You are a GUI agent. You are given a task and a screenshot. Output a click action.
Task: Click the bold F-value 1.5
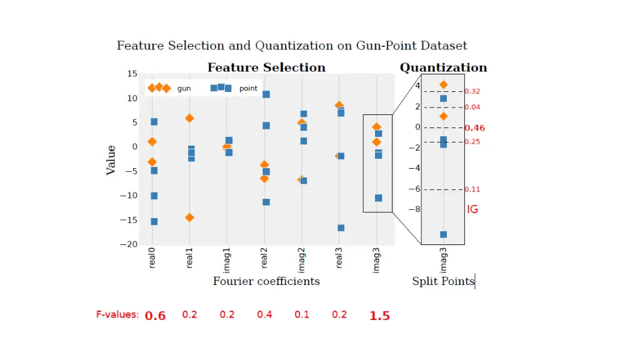click(379, 316)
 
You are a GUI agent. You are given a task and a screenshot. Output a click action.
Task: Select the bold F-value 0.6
click(155, 316)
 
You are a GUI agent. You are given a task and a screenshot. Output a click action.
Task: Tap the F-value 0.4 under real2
click(264, 314)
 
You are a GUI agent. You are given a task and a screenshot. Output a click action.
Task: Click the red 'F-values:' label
click(117, 314)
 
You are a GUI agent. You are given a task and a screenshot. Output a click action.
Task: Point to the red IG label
click(472, 209)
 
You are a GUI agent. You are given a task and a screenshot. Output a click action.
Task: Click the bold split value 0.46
click(474, 128)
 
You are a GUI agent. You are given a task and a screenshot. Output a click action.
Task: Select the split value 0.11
click(472, 189)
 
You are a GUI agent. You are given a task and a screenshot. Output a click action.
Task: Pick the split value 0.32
click(472, 91)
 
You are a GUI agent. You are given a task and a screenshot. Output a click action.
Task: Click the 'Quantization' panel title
click(443, 67)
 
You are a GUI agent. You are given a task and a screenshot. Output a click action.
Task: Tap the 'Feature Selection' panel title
click(266, 67)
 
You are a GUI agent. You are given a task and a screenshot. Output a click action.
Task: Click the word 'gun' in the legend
click(184, 89)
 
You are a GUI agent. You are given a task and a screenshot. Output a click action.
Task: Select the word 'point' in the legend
click(248, 89)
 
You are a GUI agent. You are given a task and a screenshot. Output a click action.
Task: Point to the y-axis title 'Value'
click(111, 160)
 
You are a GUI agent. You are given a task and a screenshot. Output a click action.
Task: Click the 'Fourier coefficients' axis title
click(266, 281)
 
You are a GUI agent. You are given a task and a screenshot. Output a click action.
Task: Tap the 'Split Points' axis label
click(443, 281)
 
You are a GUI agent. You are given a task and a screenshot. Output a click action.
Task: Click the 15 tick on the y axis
click(132, 74)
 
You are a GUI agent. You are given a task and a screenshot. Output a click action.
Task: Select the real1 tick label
click(189, 258)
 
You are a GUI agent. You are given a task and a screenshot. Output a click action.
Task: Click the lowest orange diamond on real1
click(189, 217)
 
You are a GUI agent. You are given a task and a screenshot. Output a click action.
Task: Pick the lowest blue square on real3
click(341, 228)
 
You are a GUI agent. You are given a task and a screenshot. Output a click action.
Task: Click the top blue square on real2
click(266, 94)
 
